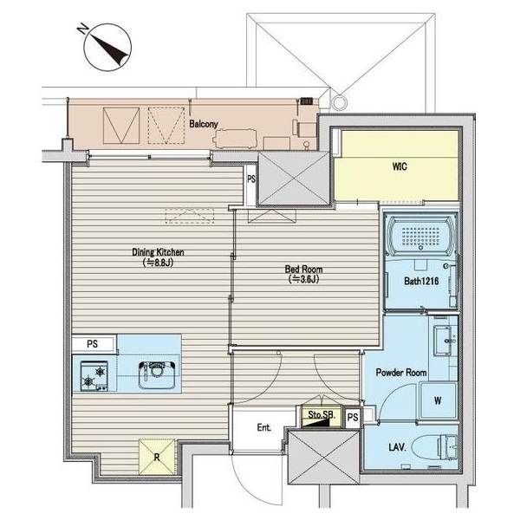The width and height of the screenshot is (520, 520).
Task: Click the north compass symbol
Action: pos(107,47)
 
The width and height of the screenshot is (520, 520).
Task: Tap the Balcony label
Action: pos(204,124)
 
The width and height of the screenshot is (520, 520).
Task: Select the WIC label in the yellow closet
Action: pos(400,166)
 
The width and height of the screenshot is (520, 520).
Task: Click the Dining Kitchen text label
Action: pos(158,252)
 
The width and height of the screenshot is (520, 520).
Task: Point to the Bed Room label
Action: pos(303,269)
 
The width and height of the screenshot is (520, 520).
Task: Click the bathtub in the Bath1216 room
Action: pos(421,235)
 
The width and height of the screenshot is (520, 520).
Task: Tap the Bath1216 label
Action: pos(421,281)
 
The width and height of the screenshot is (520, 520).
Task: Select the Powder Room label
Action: pos(401,372)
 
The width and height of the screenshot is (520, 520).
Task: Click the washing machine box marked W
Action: pos(438,401)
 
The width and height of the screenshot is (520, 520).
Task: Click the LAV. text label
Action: pos(397,447)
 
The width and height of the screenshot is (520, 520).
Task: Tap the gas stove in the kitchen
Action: pos(94,376)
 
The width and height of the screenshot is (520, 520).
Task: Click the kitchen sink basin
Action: pos(157,375)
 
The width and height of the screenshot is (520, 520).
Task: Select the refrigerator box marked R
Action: pos(157,457)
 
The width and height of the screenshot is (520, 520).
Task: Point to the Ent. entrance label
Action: pos(264,427)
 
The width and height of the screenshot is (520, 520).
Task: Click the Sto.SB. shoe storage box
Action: pos(322,417)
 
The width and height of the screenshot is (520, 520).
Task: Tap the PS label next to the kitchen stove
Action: pos(92,344)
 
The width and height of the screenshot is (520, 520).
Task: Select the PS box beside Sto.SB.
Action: pos(353,417)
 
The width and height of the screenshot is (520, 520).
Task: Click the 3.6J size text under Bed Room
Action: pos(303,279)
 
